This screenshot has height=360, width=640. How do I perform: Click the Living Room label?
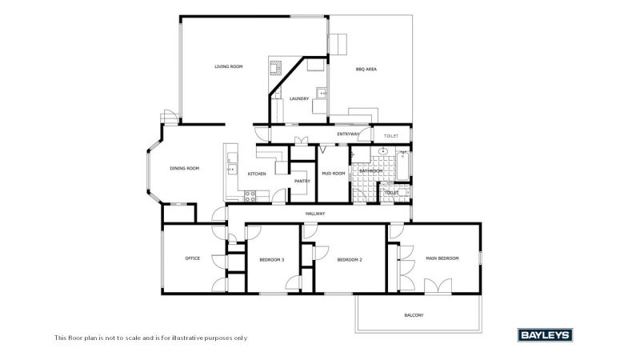tap(229, 66)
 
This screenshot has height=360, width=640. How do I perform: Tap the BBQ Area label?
tap(366, 70)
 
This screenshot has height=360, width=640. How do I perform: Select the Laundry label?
tap(299, 98)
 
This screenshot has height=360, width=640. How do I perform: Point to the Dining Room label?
tap(185, 168)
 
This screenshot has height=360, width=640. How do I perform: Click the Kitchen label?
tap(257, 174)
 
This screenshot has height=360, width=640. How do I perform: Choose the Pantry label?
tap(302, 181)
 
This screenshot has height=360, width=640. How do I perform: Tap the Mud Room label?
tap(334, 174)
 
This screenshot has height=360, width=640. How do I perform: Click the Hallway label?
tap(315, 214)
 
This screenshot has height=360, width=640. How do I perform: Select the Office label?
tap(193, 258)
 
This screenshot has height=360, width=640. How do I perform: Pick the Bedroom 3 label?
tap(272, 259)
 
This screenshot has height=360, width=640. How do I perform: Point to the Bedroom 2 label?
tap(350, 259)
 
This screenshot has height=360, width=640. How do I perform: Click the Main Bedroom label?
tap(442, 258)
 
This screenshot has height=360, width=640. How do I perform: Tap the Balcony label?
tap(414, 315)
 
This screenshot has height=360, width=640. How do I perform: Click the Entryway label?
tap(348, 134)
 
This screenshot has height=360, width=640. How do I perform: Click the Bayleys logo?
tap(546, 335)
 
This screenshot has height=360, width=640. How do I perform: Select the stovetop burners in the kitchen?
tap(250, 196)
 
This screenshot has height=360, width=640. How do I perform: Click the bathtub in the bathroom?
tap(402, 166)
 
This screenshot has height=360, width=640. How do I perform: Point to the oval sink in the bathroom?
tap(383, 151)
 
